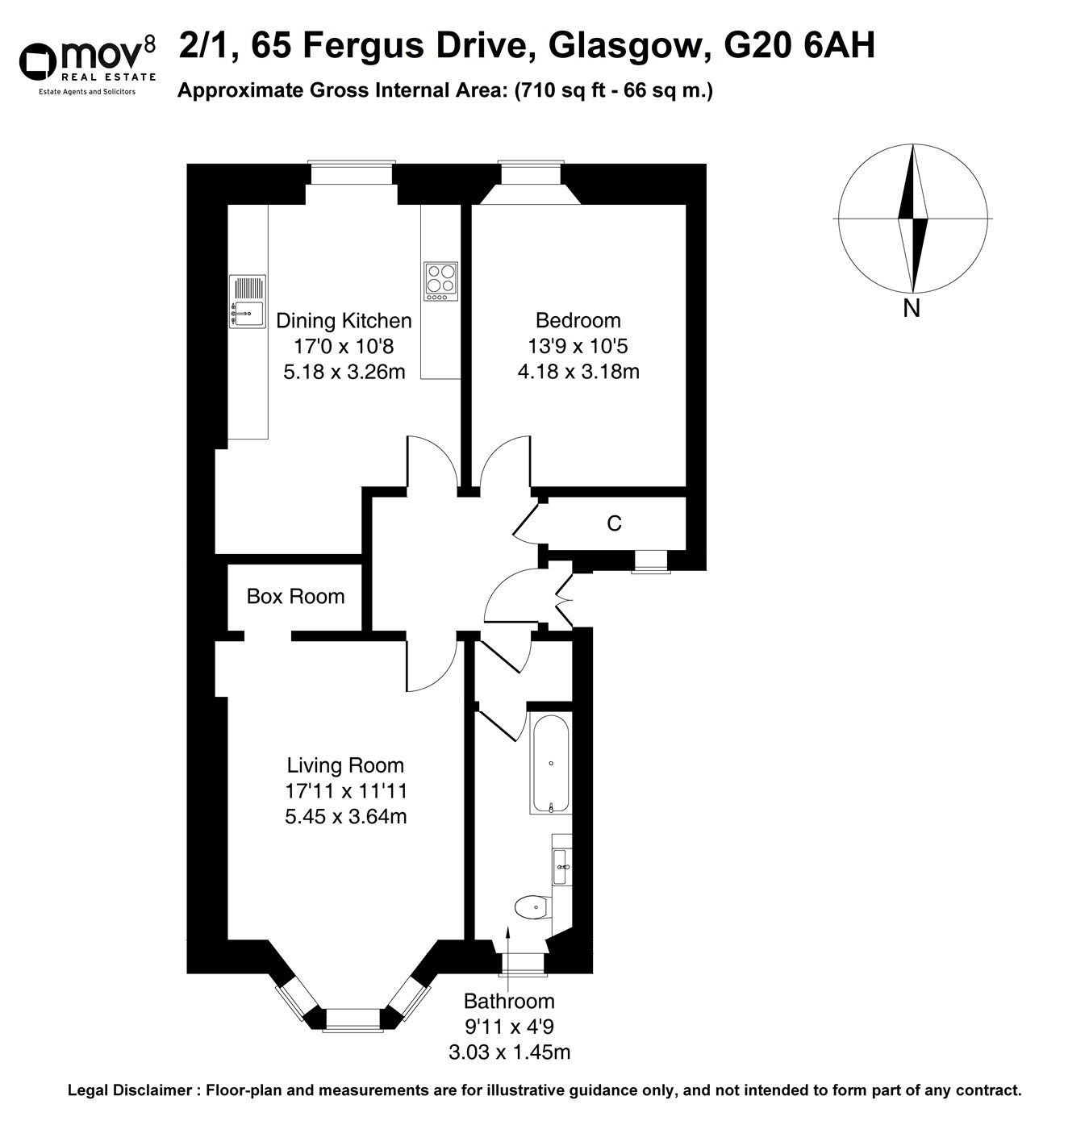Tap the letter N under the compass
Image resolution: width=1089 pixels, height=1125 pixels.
tap(912, 308)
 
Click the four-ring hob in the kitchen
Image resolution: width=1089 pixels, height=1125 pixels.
tap(440, 281)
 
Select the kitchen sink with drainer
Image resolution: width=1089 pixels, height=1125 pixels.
tap(248, 302)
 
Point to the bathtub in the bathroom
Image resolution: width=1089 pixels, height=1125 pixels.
tap(551, 762)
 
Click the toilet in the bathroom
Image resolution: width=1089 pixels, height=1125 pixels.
tap(533, 907)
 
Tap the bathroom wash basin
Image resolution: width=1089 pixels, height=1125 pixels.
tap(562, 868)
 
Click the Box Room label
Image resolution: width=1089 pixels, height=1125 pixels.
tap(295, 596)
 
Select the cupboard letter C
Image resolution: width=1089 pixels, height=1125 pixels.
tap(614, 524)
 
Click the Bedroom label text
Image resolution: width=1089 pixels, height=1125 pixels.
tap(578, 320)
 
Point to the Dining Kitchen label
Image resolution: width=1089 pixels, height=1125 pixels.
tap(344, 320)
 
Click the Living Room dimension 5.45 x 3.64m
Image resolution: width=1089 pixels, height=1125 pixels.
tap(345, 816)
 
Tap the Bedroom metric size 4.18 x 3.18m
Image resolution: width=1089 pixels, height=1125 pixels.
tap(578, 372)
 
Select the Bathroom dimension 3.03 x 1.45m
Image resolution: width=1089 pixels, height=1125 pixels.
tap(509, 1052)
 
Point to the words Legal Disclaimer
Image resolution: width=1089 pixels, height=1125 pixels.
tap(130, 1090)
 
